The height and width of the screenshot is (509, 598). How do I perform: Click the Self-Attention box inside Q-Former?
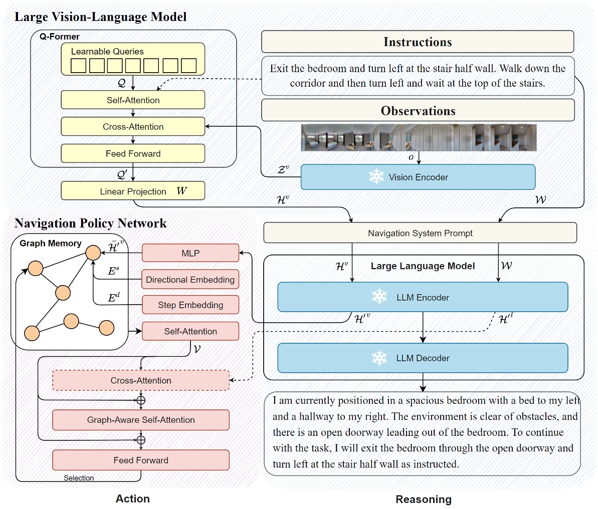pos(133,100)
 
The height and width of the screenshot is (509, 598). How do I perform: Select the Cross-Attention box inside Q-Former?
pos(133,127)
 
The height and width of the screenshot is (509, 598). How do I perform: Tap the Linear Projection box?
pos(133,191)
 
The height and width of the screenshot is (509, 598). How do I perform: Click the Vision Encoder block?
pos(418,177)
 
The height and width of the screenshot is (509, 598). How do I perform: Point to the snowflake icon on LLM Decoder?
pos(379,358)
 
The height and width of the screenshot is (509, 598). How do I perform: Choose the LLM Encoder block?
pos(423,297)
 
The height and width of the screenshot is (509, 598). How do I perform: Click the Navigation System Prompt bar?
pos(420,233)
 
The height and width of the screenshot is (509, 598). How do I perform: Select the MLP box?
pos(190,253)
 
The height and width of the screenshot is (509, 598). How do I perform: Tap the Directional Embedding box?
pos(190,280)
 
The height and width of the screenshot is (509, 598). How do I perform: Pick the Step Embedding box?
pos(190,305)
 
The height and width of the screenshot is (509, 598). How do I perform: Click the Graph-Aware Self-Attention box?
pos(141,420)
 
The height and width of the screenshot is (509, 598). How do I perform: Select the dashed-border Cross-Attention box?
pos(141,381)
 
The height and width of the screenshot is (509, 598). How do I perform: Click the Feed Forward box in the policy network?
pos(141,460)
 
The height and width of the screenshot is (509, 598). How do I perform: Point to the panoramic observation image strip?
pos(419,138)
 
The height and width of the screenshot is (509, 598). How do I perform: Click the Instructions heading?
pos(418,42)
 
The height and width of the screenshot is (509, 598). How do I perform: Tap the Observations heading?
pos(418,111)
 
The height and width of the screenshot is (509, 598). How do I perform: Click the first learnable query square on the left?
pos(79,66)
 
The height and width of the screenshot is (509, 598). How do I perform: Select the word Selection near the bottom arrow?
pos(79,478)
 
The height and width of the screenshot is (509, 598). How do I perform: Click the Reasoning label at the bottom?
pos(424,499)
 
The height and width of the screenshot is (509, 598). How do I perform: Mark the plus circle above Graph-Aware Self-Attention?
pos(141,400)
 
